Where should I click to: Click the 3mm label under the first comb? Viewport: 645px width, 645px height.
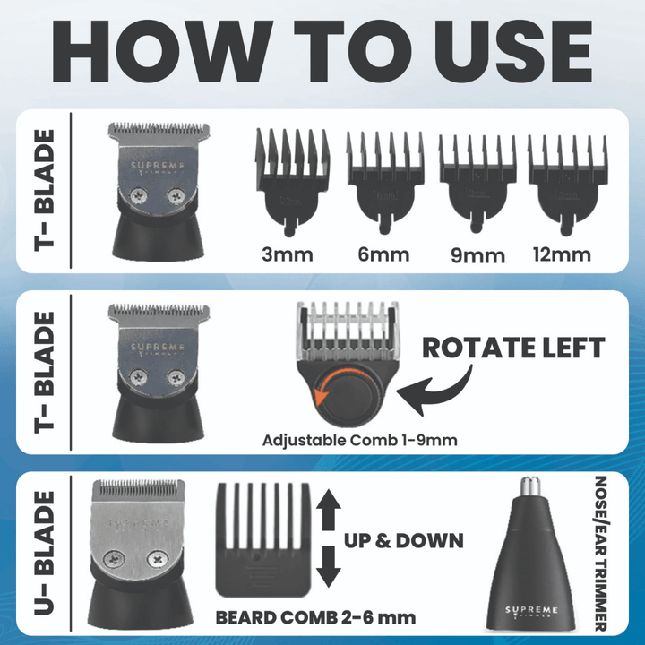[x=288, y=254]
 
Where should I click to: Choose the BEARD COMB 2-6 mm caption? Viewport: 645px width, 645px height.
[x=315, y=617]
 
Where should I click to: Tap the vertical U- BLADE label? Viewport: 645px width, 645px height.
[x=44, y=554]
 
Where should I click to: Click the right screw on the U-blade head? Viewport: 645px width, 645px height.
[x=158, y=558]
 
